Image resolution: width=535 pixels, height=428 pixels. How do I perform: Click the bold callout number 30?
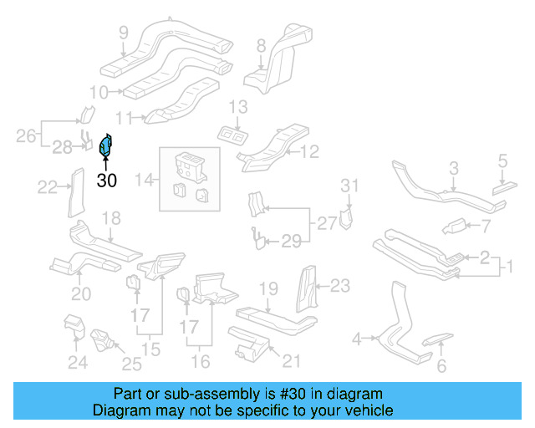pyautogui.click(x=107, y=179)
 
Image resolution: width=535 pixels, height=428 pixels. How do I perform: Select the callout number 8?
pyautogui.click(x=261, y=45)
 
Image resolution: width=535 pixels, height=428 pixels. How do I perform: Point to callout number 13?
pyautogui.click(x=239, y=106)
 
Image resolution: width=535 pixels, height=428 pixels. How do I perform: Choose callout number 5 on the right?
pyautogui.click(x=502, y=159)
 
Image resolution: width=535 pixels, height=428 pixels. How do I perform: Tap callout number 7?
pyautogui.click(x=485, y=226)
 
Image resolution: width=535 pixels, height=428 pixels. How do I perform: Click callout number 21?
pyautogui.click(x=290, y=361)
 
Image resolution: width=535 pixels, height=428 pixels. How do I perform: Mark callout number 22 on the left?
pyautogui.click(x=48, y=186)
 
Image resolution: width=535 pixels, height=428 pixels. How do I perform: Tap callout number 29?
pyautogui.click(x=290, y=242)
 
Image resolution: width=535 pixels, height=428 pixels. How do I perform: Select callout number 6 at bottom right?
pyautogui.click(x=441, y=365)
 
